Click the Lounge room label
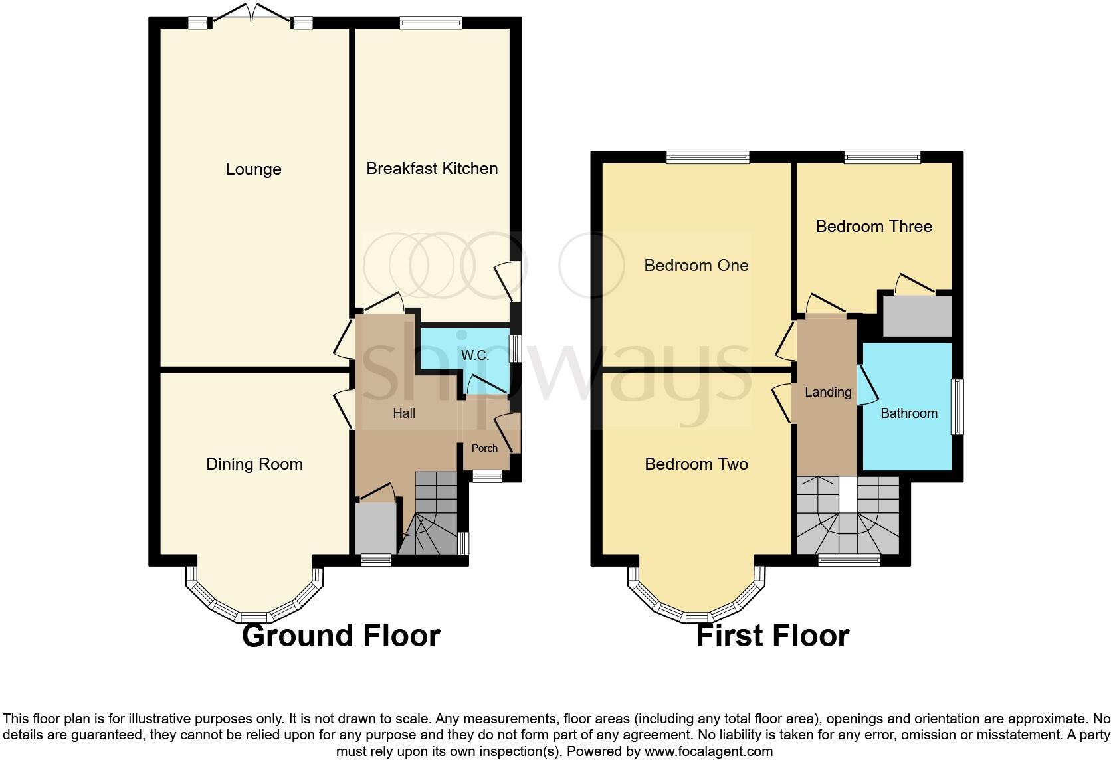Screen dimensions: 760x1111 253,169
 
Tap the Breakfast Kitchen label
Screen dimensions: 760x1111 432,169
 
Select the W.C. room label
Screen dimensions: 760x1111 475,355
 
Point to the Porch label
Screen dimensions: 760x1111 484,448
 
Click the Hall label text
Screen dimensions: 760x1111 404,413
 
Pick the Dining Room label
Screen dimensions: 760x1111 254,464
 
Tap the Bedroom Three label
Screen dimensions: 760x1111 874,227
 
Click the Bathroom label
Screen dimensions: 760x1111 908,413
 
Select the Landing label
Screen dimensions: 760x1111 828,392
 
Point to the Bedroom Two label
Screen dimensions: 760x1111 696,464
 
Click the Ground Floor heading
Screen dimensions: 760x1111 341,636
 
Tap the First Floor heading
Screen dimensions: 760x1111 772,636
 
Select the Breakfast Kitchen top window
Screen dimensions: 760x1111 431,22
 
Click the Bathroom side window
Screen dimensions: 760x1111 958,407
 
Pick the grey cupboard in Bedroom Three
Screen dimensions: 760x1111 917,316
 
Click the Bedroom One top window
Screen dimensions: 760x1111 708,157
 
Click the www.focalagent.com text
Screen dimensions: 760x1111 708,752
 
